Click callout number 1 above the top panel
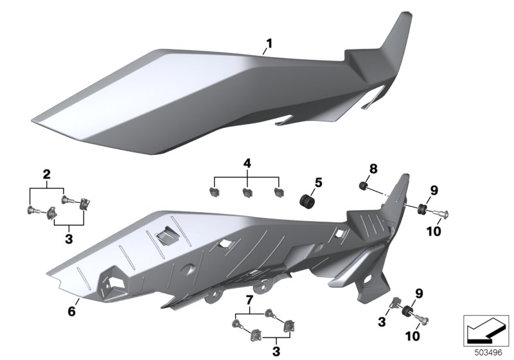tap(269, 43)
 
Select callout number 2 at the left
tap(47, 174)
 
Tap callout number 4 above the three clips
tap(247, 163)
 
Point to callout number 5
tap(318, 183)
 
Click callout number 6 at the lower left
tap(71, 311)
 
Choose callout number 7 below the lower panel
tap(249, 300)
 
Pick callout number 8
tap(373, 169)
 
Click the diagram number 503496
tap(488, 353)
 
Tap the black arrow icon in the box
tap(485, 331)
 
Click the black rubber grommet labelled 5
tap(307, 201)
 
